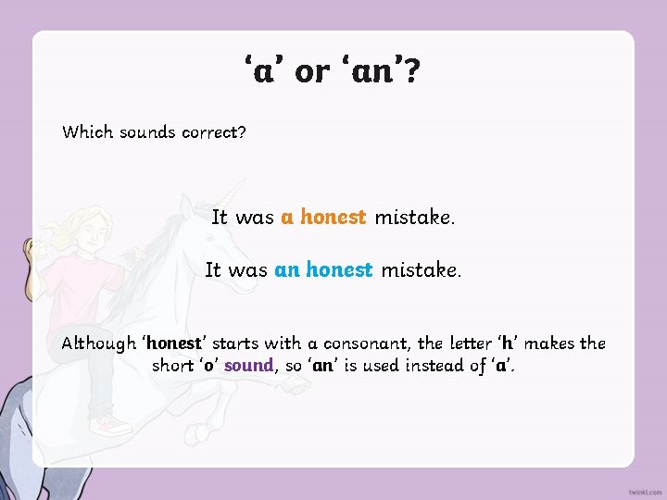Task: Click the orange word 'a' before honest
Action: point(287,218)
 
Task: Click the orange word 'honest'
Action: point(333,218)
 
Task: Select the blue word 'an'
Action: point(286,270)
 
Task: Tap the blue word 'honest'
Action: point(339,270)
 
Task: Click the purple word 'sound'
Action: point(248,365)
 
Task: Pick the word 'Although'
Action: point(97,344)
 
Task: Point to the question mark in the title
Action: point(410,70)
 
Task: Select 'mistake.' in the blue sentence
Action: point(421,270)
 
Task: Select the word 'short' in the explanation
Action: point(172,365)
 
